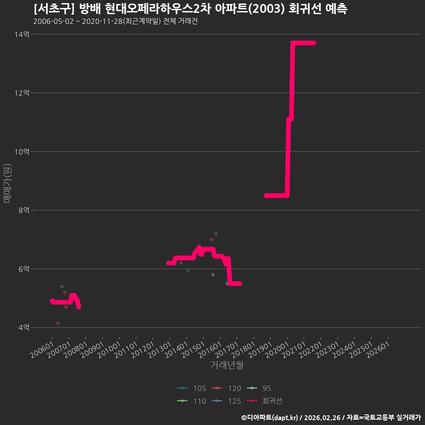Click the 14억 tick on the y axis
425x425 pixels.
(22, 35)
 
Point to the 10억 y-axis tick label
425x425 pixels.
(22, 152)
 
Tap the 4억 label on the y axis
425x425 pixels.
(24, 328)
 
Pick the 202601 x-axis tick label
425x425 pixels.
(378, 350)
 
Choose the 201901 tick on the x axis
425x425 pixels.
(260, 350)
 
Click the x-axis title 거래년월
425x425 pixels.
(227, 365)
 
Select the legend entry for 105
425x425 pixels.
(192, 388)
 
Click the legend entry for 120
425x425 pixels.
(227, 388)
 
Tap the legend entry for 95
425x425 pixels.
(259, 388)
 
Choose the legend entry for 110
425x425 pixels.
(192, 401)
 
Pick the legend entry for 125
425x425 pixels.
(227, 401)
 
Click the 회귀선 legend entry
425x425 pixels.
(265, 401)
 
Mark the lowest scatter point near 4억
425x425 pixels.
(58, 323)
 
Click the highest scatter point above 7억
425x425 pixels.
(216, 234)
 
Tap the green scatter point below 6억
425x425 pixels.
(213, 275)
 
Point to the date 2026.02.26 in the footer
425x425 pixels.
(322, 417)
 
